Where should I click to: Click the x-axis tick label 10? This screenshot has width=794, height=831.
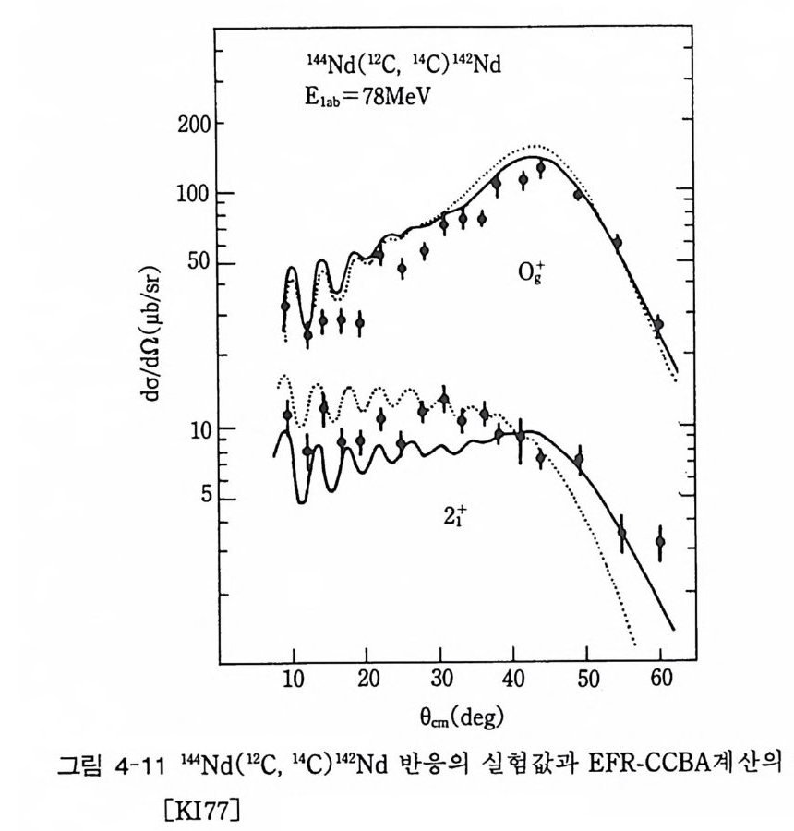point(293,682)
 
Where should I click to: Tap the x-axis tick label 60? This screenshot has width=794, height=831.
point(659,682)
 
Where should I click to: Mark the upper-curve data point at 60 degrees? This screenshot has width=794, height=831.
point(659,324)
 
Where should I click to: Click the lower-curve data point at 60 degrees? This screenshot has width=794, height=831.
point(659,542)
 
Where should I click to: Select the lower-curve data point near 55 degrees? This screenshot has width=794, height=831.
point(622,533)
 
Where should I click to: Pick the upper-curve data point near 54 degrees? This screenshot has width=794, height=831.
point(617,242)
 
